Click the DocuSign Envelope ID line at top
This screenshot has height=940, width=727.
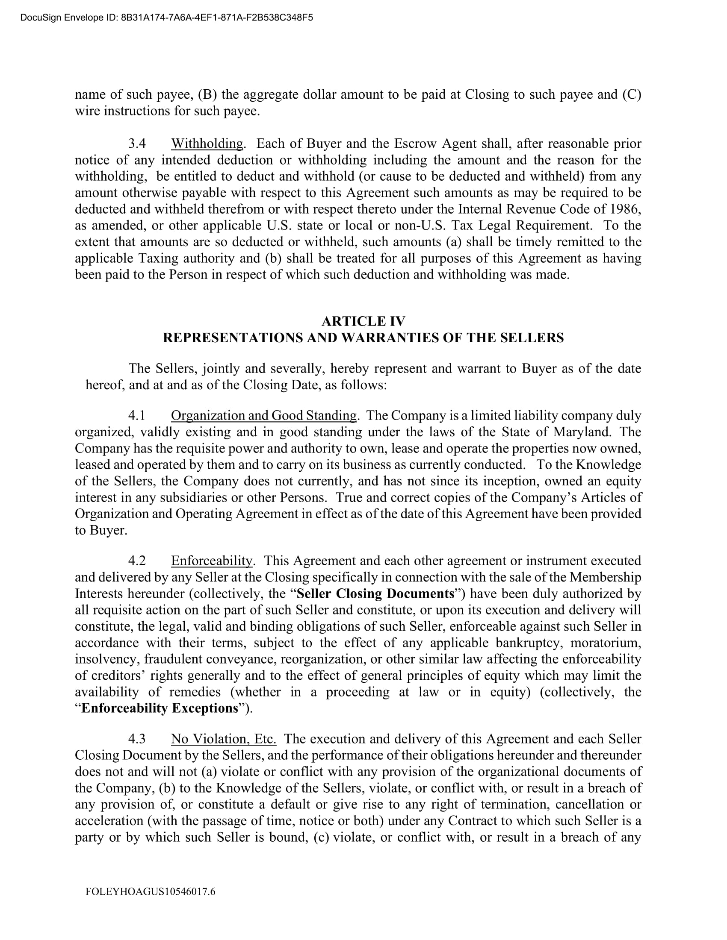point(166,18)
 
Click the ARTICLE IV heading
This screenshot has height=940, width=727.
point(363,321)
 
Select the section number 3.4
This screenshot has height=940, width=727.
point(137,144)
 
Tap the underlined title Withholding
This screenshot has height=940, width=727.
point(207,144)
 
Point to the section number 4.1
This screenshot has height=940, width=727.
point(137,416)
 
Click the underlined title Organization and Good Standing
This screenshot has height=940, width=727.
point(263,416)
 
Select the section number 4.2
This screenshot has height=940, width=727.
point(137,561)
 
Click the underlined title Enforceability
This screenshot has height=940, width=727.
point(211,561)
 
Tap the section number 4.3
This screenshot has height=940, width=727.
point(137,739)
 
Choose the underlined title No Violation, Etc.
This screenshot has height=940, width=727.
point(224,739)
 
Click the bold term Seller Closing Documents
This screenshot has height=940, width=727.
point(375,594)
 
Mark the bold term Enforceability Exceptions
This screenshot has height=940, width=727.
point(160,708)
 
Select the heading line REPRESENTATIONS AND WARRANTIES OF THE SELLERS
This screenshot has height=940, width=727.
point(363,338)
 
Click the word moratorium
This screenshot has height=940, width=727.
point(605,643)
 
